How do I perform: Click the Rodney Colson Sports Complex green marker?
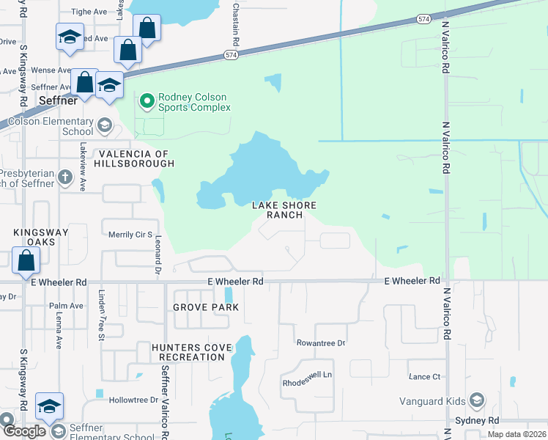(x=147, y=100)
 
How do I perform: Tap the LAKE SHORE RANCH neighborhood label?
(x=277, y=210)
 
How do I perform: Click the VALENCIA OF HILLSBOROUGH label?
(x=135, y=159)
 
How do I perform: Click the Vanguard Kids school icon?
(x=476, y=400)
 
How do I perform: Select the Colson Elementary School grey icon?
(x=104, y=125)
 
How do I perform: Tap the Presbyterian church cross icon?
(x=65, y=177)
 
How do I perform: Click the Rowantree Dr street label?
(x=320, y=342)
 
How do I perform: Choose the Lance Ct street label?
(x=425, y=376)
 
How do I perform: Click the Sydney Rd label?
(x=476, y=420)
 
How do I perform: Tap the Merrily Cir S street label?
(x=129, y=235)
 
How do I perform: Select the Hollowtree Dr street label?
(x=133, y=400)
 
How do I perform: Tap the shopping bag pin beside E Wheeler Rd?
(x=26, y=260)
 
